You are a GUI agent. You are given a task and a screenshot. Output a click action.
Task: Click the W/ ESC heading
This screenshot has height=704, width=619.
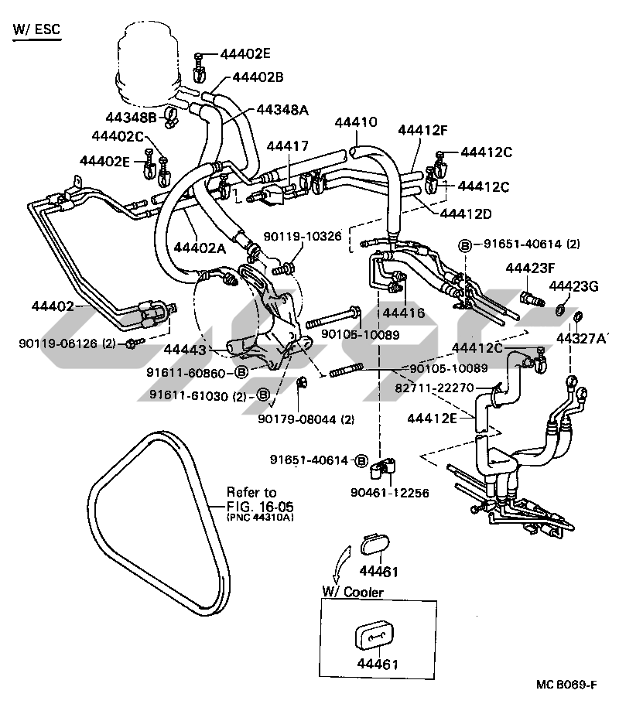[36, 30]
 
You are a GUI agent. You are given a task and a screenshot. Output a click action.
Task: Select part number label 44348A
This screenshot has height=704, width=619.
[282, 110]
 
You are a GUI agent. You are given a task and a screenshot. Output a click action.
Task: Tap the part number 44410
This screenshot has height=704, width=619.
[356, 123]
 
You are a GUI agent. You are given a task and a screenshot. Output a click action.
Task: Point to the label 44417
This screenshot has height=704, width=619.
[287, 145]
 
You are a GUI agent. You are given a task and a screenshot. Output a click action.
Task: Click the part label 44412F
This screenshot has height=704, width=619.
[423, 130]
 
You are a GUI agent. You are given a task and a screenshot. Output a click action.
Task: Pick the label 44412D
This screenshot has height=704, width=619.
[467, 213]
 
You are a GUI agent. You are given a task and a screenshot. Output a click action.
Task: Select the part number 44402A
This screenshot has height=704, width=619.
[199, 248]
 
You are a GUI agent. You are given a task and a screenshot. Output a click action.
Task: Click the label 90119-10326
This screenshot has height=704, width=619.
[303, 236]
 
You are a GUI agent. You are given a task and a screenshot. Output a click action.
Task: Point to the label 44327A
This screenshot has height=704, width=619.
[582, 338]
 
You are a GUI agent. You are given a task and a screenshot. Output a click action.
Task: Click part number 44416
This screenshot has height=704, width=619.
[403, 313]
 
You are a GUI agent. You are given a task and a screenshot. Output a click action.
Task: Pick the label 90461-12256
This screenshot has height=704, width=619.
[389, 492]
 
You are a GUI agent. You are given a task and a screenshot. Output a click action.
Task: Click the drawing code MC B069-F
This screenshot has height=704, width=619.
[565, 684]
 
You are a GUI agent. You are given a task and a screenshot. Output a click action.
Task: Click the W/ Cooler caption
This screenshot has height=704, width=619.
[352, 593]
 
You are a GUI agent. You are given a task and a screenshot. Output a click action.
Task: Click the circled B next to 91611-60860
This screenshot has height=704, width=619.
[241, 372]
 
